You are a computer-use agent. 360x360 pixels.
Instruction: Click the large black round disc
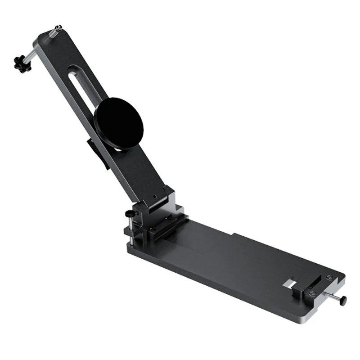(x=118, y=123)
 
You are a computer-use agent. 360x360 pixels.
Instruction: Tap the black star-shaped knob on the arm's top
(x=21, y=64)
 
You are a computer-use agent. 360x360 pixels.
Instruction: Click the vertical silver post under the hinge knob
(x=130, y=227)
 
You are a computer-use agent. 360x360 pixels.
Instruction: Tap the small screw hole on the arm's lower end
(x=154, y=197)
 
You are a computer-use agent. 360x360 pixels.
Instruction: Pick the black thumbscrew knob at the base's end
(x=343, y=300)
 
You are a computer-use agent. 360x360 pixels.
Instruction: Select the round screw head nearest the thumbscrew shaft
(x=313, y=294)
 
